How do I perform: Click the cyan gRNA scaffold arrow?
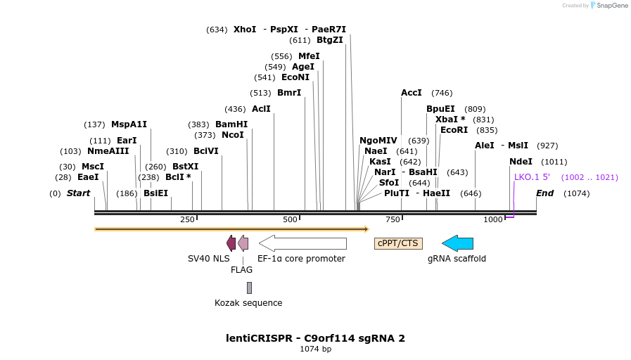coord(457,243)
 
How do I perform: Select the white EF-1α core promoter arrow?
coord(302,243)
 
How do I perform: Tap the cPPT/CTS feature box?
coord(398,243)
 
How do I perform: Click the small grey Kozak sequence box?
coord(249,288)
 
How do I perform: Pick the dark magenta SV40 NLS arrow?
coord(231,243)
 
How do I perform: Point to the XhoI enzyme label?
coord(245,30)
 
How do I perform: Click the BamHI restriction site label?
coord(231,124)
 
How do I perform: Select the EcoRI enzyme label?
coord(454,130)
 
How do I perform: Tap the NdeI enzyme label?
coord(521,162)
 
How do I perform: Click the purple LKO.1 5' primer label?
coord(532,177)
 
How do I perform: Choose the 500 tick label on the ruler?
coord(291,220)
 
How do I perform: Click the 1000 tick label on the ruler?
coord(493,220)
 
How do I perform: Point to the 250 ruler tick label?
coord(187,220)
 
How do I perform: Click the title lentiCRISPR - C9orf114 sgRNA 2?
coord(315,338)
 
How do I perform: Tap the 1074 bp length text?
coord(315,349)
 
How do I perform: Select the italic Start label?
coord(78,193)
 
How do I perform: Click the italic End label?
coord(544,193)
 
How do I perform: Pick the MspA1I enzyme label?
coord(129,124)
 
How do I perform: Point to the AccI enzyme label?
coord(411,93)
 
